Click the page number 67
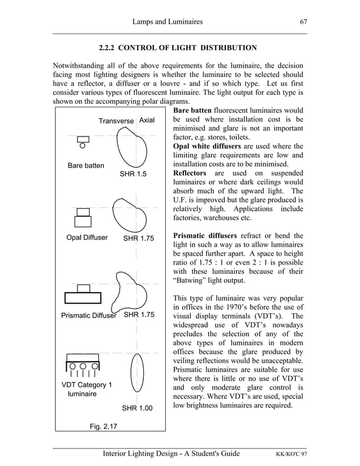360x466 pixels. [x=303, y=22]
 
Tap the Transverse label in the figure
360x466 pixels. [x=116, y=121]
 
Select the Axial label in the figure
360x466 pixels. [x=147, y=121]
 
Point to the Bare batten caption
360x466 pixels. [x=86, y=166]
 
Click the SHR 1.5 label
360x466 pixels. [x=133, y=174]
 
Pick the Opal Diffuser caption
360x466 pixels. [x=87, y=238]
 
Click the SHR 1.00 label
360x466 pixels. [x=137, y=408]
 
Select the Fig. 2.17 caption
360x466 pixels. [x=103, y=427]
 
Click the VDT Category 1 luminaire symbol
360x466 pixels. [x=83, y=366]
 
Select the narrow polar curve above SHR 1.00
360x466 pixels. [x=135, y=373]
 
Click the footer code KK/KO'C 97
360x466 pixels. [x=287, y=454]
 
